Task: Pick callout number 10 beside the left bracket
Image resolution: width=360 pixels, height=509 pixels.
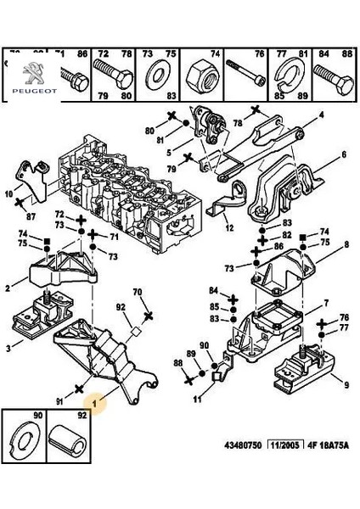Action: pyautogui.click(x=9, y=194)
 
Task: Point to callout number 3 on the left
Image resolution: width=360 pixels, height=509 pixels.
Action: pyautogui.click(x=9, y=349)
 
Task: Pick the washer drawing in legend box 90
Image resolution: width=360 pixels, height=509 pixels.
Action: pyautogui.click(x=24, y=439)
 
